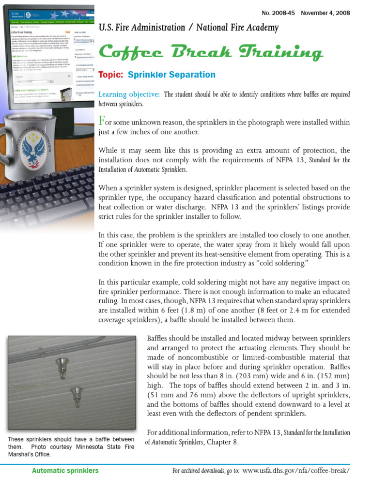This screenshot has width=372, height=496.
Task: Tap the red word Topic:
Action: click(x=111, y=75)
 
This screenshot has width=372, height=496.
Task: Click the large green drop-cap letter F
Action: click(x=102, y=120)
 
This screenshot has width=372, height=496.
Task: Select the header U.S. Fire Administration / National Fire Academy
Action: click(x=188, y=28)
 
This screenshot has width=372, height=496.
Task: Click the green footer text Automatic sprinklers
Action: click(x=65, y=470)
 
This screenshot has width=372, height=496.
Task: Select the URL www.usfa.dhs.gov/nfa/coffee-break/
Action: click(x=295, y=470)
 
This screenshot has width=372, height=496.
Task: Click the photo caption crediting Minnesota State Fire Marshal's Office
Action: click(x=71, y=447)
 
